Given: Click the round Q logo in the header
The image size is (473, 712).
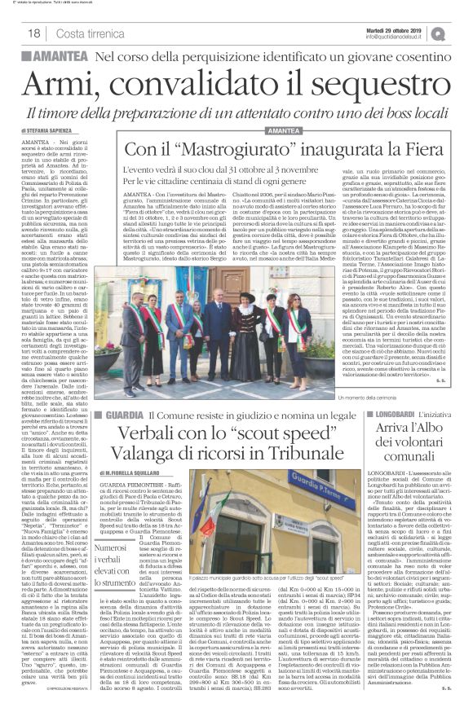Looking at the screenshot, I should tap(460, 30).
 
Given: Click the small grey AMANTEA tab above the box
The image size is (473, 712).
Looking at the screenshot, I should tap(285, 131).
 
